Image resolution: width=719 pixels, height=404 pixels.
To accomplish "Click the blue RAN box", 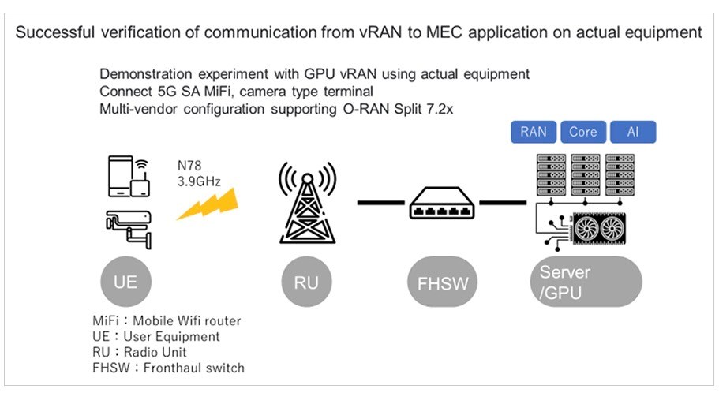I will [534, 132].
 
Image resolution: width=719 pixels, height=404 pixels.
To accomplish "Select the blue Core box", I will [583, 132].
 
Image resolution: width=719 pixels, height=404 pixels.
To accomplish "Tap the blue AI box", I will [632, 132].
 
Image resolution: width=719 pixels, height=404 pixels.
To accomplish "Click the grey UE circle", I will [125, 282].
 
